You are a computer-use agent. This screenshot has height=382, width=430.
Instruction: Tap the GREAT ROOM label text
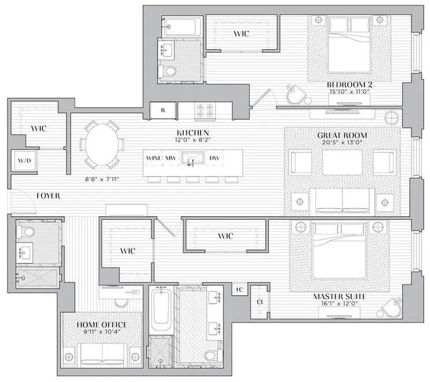342,135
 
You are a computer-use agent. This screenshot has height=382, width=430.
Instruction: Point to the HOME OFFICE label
102,325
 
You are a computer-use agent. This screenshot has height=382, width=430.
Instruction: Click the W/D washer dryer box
24,160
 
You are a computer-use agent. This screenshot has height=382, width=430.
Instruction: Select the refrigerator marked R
163,109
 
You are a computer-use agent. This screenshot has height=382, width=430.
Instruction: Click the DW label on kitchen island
214,158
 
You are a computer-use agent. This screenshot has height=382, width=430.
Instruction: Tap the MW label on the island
171,158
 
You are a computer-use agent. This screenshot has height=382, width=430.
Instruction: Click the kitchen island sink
192,158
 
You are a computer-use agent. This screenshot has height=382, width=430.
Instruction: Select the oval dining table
101,144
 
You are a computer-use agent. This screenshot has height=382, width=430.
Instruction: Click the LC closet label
238,289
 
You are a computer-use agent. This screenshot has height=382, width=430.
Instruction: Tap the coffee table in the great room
342,163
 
